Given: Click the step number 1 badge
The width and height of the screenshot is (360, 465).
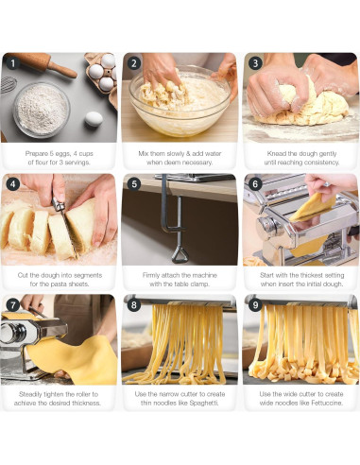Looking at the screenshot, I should point(12,64).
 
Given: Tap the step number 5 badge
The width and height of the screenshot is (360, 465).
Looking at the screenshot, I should point(134,185).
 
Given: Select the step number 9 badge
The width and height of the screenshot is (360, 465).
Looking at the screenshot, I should point(255,306).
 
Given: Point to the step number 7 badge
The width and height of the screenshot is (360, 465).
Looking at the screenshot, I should point(12,306).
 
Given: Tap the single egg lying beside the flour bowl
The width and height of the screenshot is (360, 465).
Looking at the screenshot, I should point(93,119).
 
